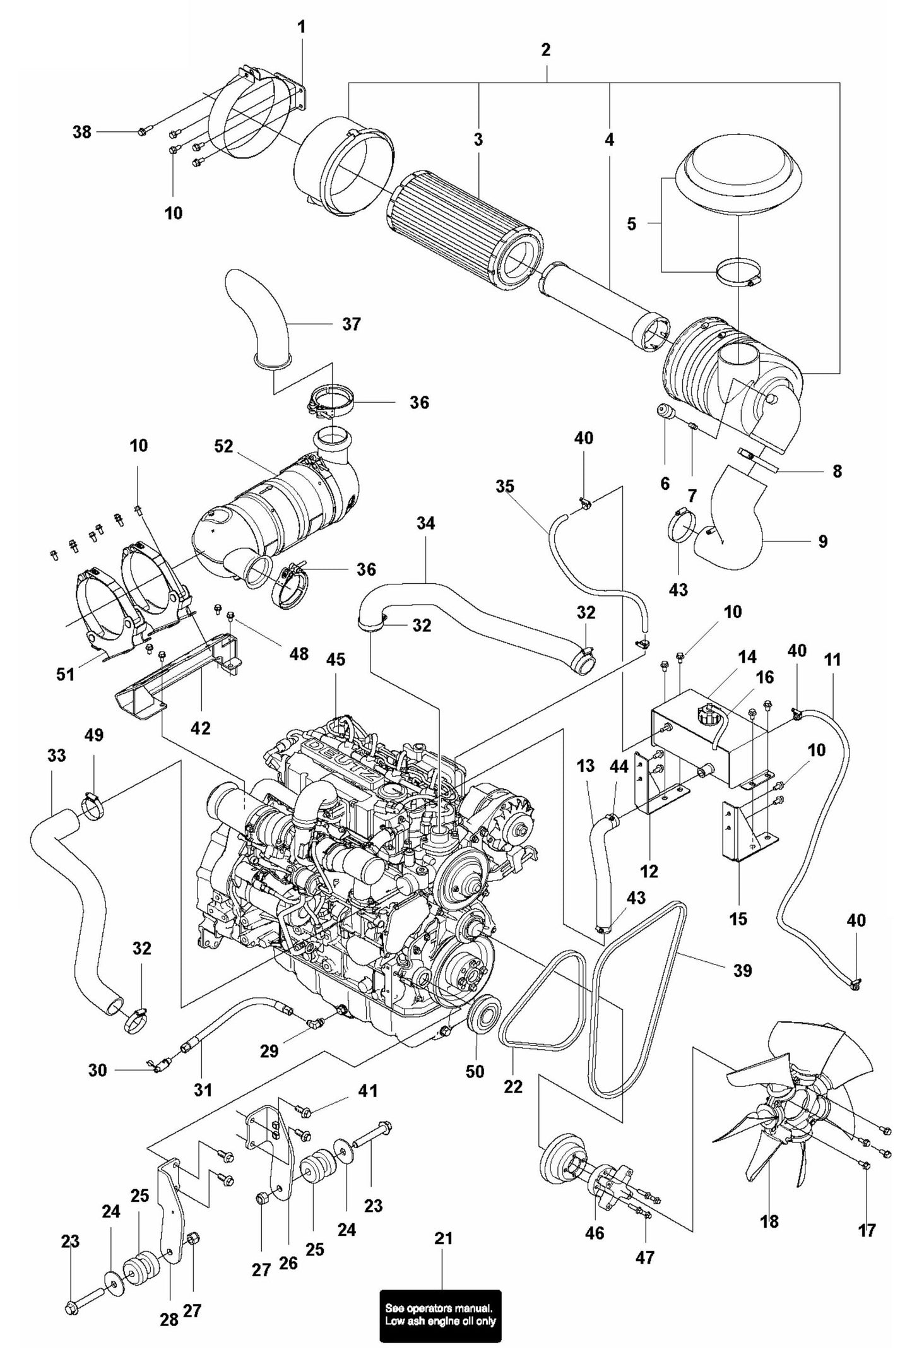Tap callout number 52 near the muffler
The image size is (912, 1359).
point(223,446)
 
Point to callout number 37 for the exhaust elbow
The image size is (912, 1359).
point(352,324)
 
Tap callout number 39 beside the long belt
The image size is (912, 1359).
point(742,970)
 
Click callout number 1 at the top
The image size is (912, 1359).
point(301,27)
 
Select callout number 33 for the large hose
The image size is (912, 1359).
point(57,756)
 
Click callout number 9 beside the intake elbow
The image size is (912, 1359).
point(822,541)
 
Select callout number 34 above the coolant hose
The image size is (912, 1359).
point(425,523)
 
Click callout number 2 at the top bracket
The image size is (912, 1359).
point(546,50)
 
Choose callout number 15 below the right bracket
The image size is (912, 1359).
point(738,918)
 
